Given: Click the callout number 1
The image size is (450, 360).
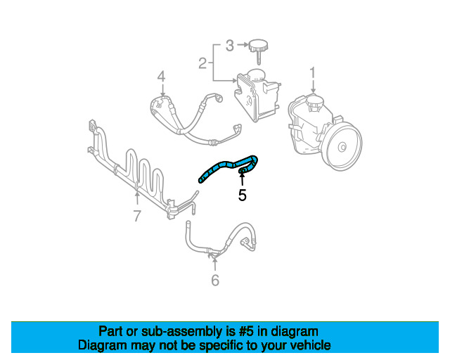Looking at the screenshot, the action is point(313,72).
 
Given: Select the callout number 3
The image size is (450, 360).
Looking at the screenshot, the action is point(229,46).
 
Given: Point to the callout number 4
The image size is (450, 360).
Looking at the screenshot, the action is point(161,76).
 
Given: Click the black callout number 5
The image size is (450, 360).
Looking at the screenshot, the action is point(242,195).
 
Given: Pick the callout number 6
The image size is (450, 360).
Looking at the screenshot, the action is point(215,281).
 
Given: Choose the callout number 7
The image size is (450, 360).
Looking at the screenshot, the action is point(137,216).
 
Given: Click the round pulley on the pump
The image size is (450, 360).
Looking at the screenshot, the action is point(342,147).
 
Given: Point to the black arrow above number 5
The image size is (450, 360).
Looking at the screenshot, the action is point(242,177).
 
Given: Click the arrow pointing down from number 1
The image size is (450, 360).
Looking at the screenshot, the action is point(313,87).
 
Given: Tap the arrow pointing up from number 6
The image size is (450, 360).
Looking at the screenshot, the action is point(215,264).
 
